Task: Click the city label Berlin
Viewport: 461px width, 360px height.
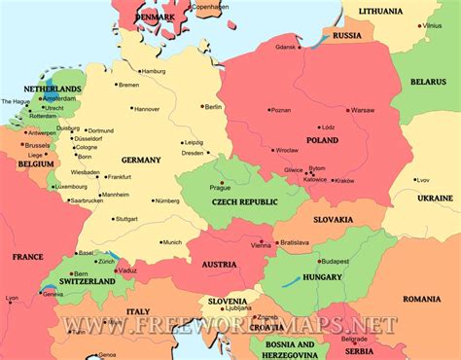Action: pos(214,106)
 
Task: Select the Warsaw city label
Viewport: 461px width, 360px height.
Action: pos(362,110)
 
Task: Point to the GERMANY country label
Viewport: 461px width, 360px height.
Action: pos(141,159)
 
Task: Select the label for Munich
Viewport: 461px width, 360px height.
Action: pos(172,242)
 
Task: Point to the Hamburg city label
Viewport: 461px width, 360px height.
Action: pos(153,71)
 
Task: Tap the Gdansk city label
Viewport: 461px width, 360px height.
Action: pos(285,46)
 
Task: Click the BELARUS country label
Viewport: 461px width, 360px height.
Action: pos(427,83)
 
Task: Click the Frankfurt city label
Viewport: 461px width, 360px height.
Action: pos(119,177)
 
